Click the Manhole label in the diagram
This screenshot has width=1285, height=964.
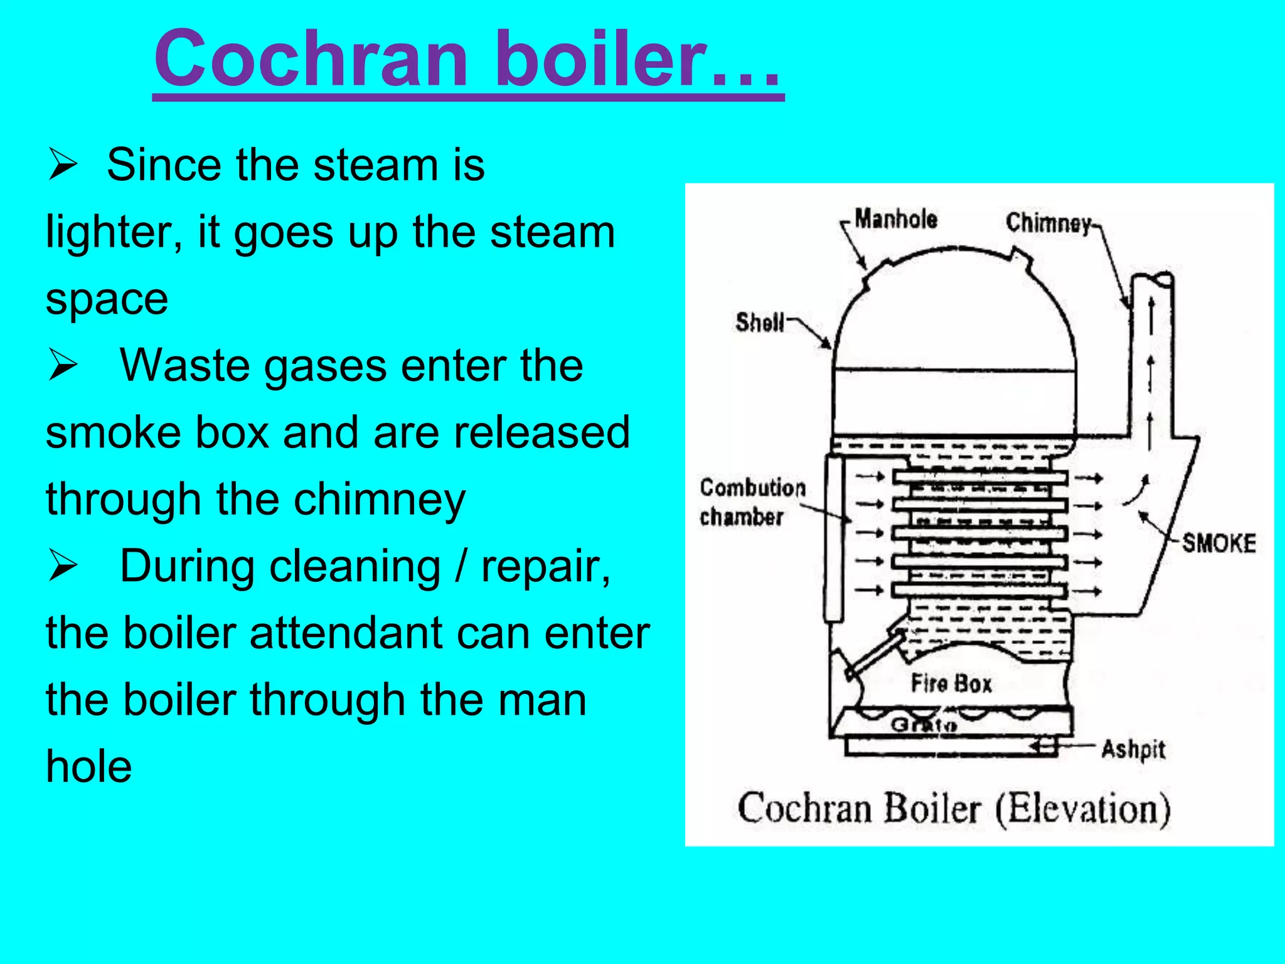896,219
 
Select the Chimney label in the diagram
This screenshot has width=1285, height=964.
1048,223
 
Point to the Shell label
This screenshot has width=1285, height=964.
760,322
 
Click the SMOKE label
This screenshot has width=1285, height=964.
1218,543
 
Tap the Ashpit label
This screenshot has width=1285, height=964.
1133,749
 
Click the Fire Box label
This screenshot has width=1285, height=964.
951,683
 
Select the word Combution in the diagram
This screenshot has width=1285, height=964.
752,488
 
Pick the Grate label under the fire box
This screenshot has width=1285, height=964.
924,726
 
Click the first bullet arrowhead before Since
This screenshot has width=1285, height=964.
62,166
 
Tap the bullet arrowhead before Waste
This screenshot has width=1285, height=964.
62,367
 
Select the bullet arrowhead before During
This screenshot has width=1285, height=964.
62,567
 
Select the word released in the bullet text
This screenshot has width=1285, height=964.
541,432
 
